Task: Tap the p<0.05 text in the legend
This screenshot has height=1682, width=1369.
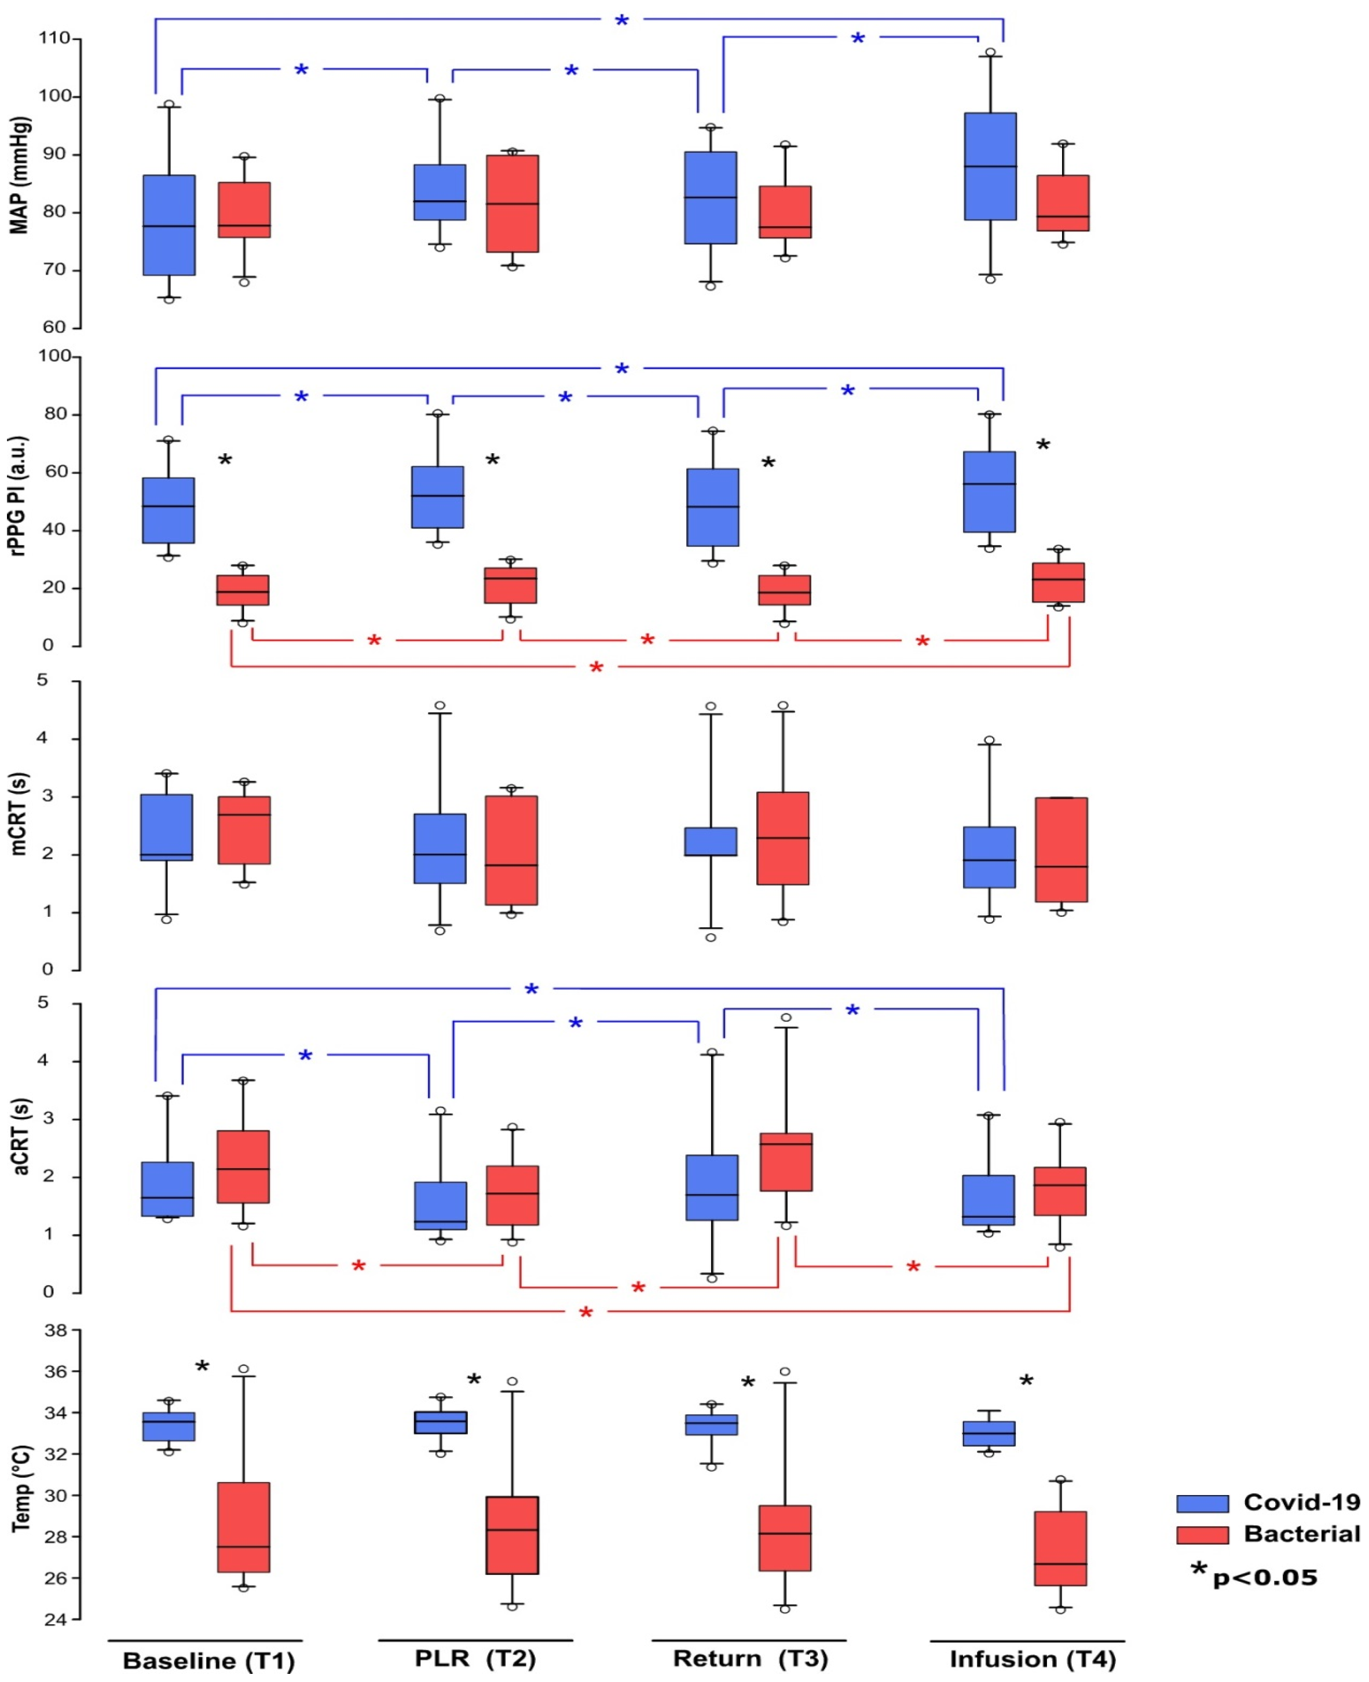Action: (1265, 1577)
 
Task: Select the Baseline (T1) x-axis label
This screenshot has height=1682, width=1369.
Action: (209, 1661)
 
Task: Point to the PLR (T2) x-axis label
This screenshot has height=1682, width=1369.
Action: (475, 1658)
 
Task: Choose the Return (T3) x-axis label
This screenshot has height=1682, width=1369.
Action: (750, 1658)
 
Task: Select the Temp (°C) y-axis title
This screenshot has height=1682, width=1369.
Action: (21, 1489)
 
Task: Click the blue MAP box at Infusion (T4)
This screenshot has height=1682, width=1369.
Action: (990, 166)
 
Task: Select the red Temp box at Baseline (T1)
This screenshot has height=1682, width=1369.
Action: (244, 1527)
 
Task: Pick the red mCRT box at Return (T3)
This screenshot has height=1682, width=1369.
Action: (782, 838)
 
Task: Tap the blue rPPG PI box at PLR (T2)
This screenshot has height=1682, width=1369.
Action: (438, 497)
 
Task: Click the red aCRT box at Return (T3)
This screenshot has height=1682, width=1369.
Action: (785, 1162)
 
